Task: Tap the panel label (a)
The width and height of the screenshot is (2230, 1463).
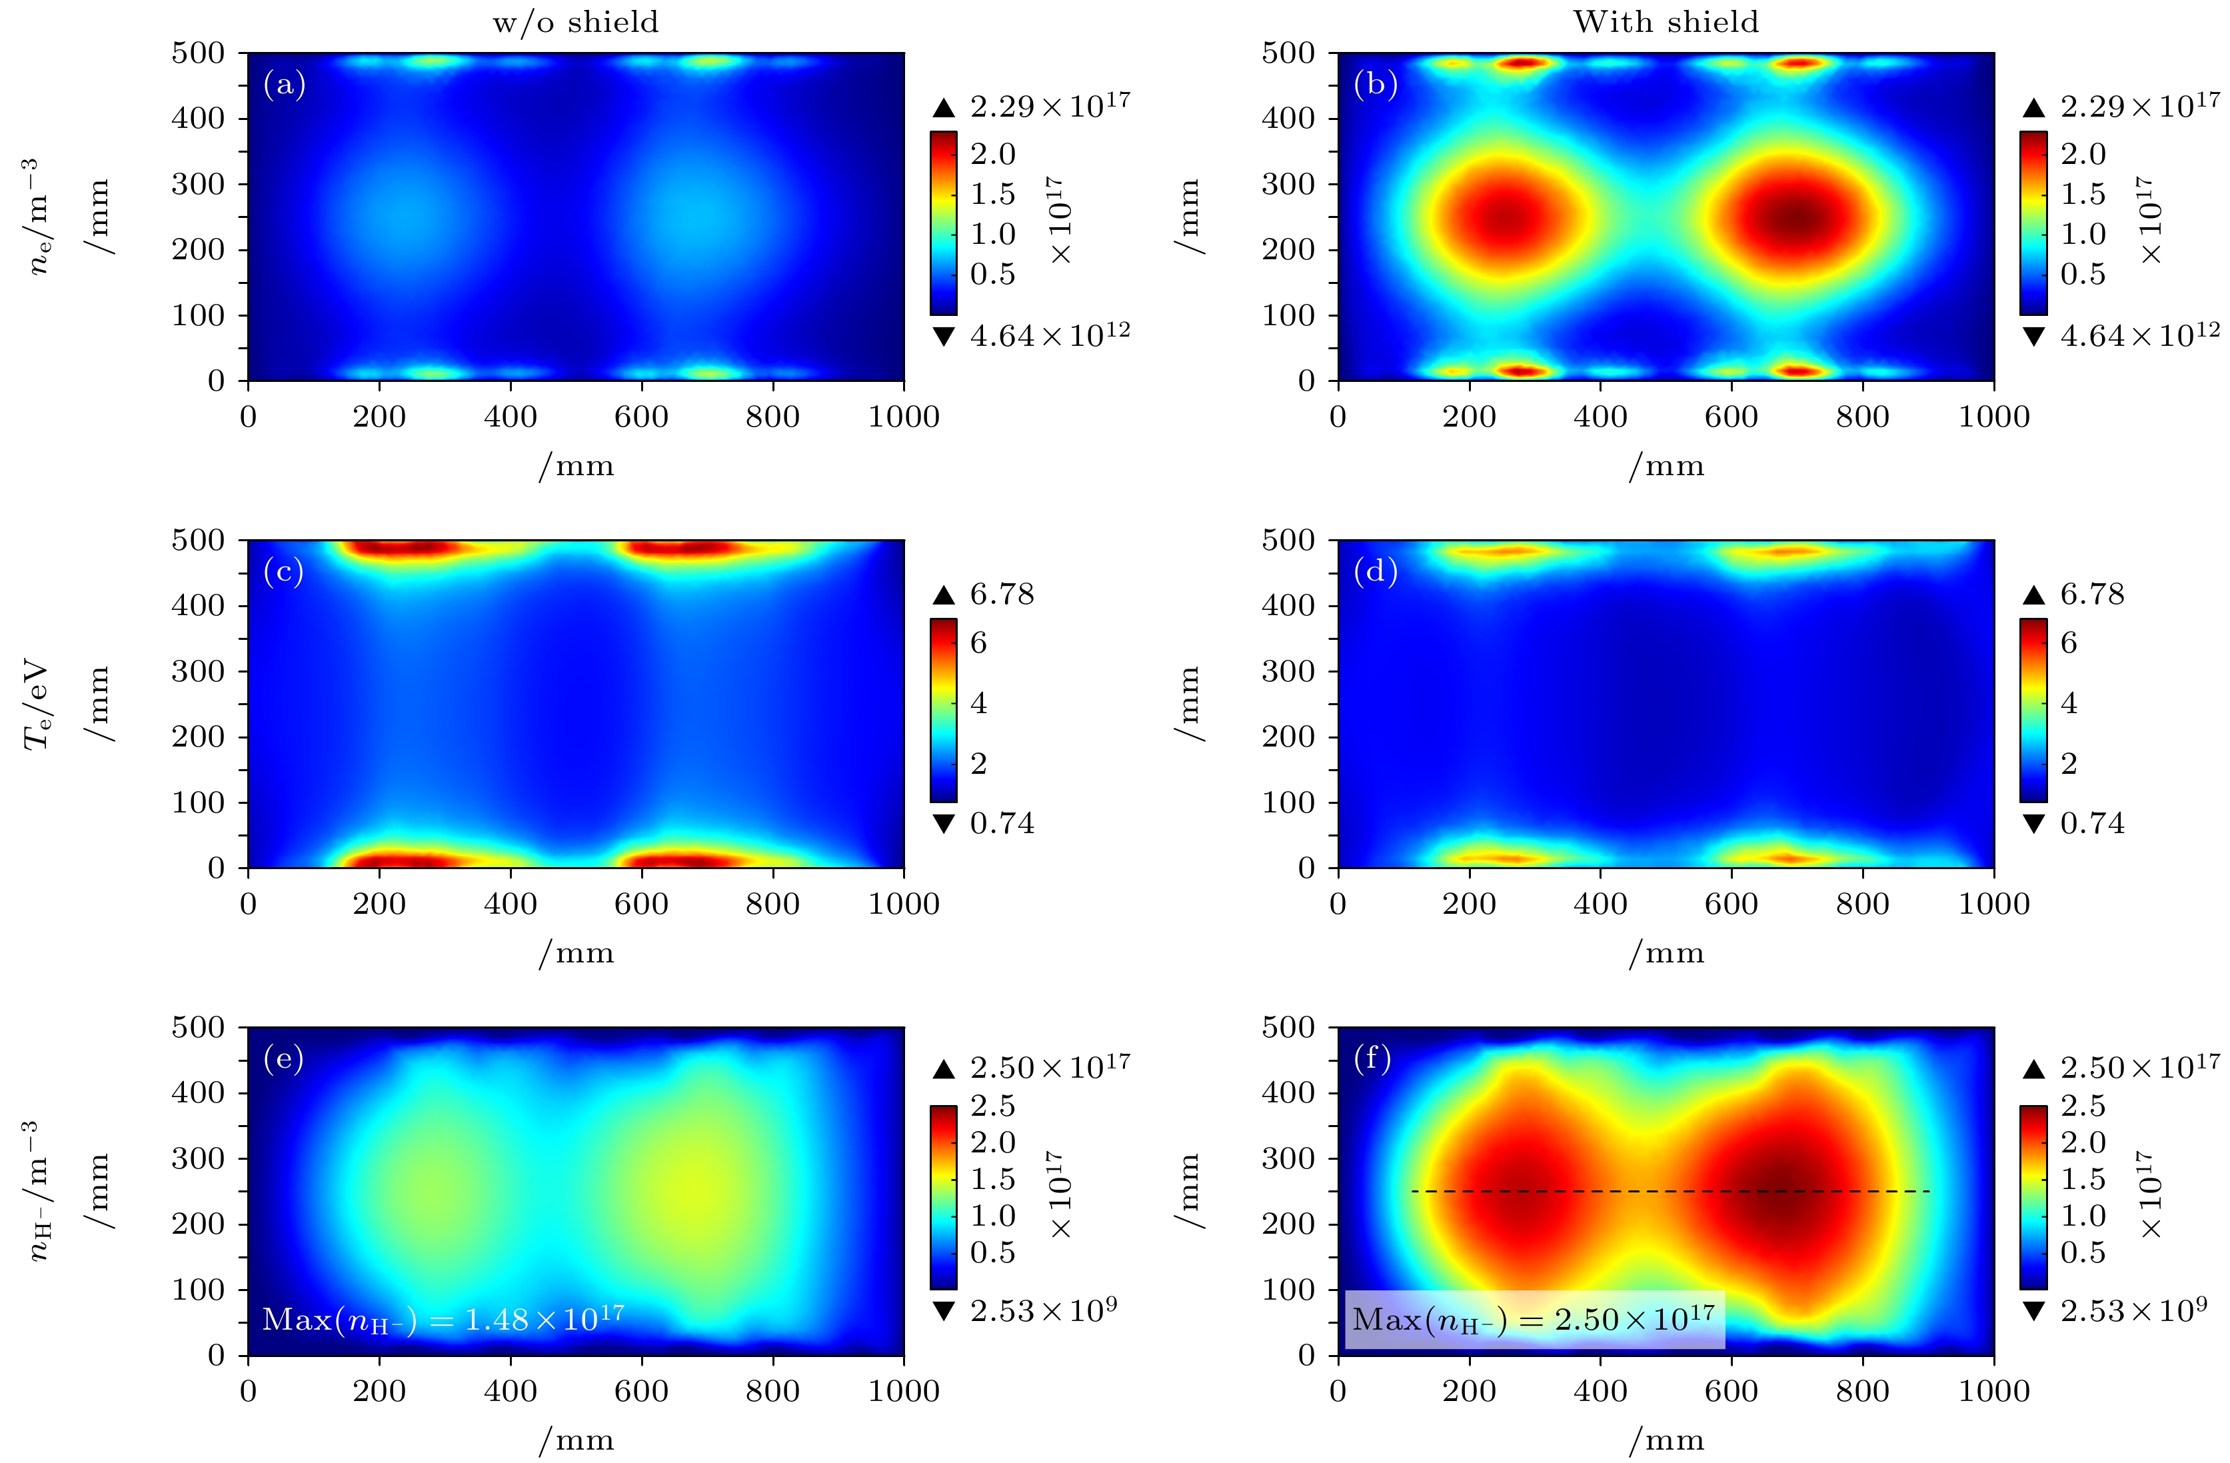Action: click(285, 85)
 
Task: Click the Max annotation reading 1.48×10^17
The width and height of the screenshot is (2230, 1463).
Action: click(443, 1318)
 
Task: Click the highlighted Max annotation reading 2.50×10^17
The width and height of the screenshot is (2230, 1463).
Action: click(1534, 1318)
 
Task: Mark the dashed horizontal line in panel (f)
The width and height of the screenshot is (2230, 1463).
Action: click(1668, 1191)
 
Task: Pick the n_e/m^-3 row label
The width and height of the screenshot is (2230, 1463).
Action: click(37, 217)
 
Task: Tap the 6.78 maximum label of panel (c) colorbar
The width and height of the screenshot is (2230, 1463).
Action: click(1002, 594)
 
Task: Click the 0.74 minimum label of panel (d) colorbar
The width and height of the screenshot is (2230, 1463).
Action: click(2091, 824)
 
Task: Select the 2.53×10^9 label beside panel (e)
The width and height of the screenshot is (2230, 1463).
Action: click(1043, 1310)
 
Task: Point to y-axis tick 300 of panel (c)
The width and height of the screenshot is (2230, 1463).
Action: click(198, 671)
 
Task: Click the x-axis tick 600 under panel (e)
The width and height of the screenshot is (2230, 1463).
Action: click(641, 1391)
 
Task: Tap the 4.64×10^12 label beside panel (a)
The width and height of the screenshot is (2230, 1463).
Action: click(1050, 335)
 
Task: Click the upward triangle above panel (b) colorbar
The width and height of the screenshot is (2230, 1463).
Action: click(2033, 108)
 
